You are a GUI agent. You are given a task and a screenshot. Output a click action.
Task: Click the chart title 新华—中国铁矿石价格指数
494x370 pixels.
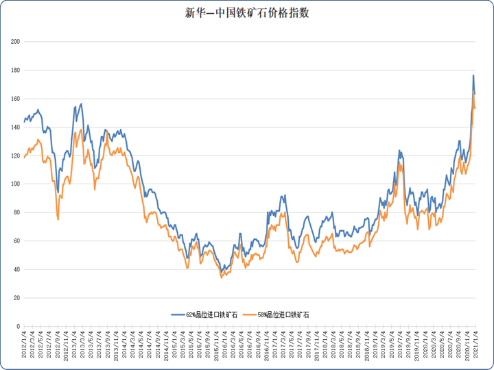[x=247, y=13]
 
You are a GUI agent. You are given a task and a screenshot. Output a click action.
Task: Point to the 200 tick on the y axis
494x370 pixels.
[x=14, y=42]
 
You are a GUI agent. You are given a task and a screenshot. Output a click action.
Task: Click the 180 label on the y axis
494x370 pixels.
[x=14, y=71]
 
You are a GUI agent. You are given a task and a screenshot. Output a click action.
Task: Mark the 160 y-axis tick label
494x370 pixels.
[x=14, y=99]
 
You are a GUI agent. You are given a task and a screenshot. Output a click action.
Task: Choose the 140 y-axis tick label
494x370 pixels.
[x=14, y=127]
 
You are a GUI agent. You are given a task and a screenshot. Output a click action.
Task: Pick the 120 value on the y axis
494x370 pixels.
[x=14, y=156]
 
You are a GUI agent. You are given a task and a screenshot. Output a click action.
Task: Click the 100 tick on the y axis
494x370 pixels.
[x=14, y=184]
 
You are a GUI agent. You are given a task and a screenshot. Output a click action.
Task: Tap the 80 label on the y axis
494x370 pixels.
[x=16, y=212]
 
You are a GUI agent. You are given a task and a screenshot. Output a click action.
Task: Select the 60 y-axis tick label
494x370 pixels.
[x=16, y=241]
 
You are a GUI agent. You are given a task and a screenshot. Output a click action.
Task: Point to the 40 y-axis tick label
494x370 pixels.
[x=16, y=269]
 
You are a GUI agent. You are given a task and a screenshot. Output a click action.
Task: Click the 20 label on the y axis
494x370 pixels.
[x=16, y=298]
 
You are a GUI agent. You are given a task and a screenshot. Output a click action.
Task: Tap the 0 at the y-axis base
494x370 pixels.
[x=18, y=326]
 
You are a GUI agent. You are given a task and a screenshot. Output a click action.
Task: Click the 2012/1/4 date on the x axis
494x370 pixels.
[x=24, y=345]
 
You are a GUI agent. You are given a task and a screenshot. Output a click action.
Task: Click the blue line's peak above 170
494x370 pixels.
[x=473, y=75]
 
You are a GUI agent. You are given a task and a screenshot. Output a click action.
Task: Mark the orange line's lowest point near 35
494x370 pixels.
[x=222, y=277]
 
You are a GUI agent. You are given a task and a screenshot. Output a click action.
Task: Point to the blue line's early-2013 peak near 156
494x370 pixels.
[x=82, y=104]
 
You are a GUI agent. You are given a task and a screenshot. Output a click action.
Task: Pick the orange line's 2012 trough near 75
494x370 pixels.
[x=58, y=219]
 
